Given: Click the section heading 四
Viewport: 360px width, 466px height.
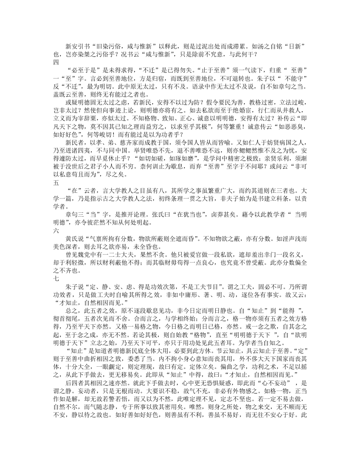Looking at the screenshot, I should click(x=56, y=62).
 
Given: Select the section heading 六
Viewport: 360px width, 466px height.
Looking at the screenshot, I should click(x=56, y=231).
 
